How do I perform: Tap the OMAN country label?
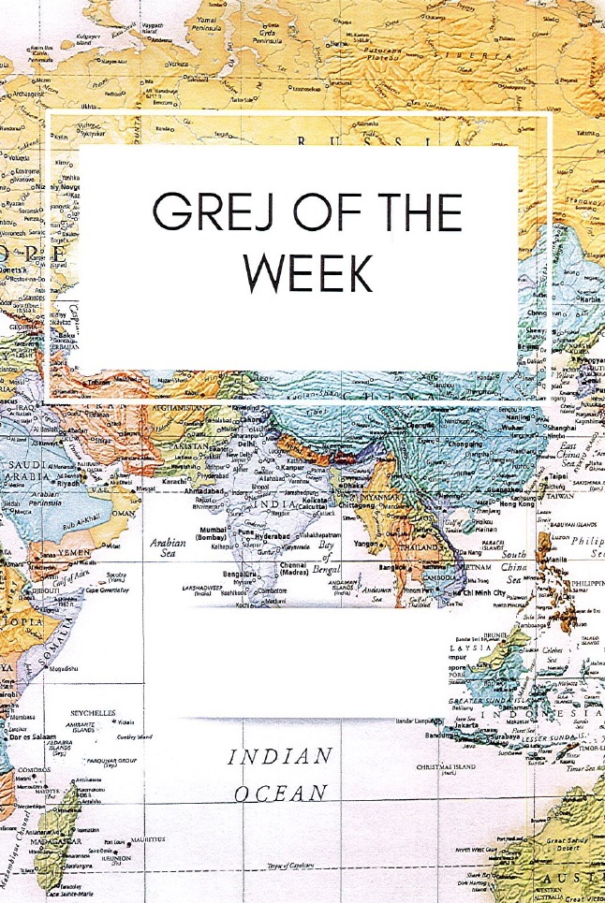[x=123, y=513]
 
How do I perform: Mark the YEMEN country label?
[x=73, y=552]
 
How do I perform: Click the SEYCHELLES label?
[x=93, y=713]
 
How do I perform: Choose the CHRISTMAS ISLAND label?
[x=449, y=766]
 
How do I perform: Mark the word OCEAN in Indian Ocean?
[x=281, y=793]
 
